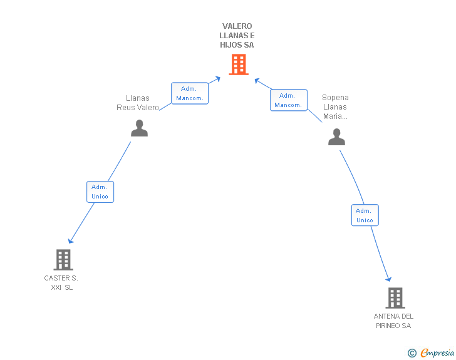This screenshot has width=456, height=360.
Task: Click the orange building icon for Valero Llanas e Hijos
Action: click(238, 64)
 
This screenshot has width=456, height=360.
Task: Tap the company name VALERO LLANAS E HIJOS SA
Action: click(238, 36)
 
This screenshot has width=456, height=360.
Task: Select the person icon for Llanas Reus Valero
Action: click(139, 128)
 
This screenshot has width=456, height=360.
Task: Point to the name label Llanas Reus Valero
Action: click(138, 103)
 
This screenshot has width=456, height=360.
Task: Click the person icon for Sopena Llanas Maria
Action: click(336, 136)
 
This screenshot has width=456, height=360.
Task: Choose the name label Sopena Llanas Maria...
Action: click(335, 106)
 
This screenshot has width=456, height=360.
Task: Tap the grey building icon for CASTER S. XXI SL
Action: click(63, 259)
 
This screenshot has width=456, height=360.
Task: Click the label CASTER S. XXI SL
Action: click(61, 282)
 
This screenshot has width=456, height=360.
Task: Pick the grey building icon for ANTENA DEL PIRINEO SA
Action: click(395, 297)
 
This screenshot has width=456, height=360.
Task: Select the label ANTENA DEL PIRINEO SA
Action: click(393, 321)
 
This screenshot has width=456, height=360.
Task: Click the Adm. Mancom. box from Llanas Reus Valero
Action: click(190, 93)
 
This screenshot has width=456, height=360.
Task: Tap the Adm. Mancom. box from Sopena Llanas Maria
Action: click(288, 100)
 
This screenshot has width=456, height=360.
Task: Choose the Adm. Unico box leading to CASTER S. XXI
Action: click(100, 192)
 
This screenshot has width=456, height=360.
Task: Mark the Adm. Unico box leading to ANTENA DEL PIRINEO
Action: click(365, 215)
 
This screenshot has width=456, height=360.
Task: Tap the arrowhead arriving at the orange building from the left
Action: click(217, 78)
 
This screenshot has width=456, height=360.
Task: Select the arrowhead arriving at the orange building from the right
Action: click(257, 80)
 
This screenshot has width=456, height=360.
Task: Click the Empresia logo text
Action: click(437, 353)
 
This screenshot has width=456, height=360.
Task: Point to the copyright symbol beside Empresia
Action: click(412, 353)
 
